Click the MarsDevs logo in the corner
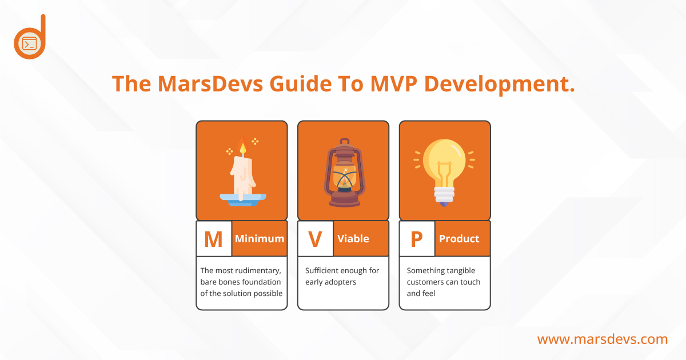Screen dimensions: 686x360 [x=30, y=37]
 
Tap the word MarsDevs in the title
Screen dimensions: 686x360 [x=210, y=83]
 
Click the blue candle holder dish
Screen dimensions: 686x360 [x=243, y=199]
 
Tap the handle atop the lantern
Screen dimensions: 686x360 [x=345, y=142]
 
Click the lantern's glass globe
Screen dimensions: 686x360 [x=345, y=174]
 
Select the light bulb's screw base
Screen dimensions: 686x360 [x=444, y=195]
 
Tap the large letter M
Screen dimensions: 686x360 [x=213, y=239]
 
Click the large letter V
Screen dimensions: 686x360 [x=315, y=239]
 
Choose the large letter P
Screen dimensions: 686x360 [x=417, y=239]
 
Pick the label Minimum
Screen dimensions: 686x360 [x=260, y=238]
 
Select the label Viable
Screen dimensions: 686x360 [x=353, y=238]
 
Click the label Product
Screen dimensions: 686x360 [x=459, y=238]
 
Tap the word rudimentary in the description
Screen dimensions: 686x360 [x=260, y=271]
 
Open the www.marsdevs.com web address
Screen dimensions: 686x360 [x=603, y=339]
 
